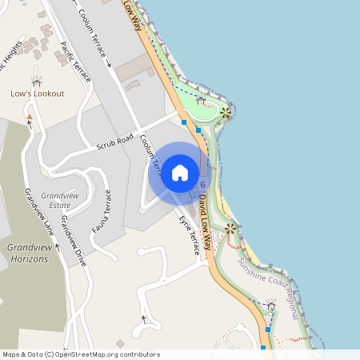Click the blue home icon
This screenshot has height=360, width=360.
point(179,173)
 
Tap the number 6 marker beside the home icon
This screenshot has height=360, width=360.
point(203,184)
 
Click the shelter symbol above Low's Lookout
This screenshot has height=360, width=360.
point(36,80)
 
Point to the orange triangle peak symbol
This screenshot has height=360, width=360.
point(30,118)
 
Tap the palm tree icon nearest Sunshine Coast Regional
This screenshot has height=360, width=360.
point(231,230)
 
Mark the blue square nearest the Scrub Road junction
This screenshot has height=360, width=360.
point(184,122)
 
